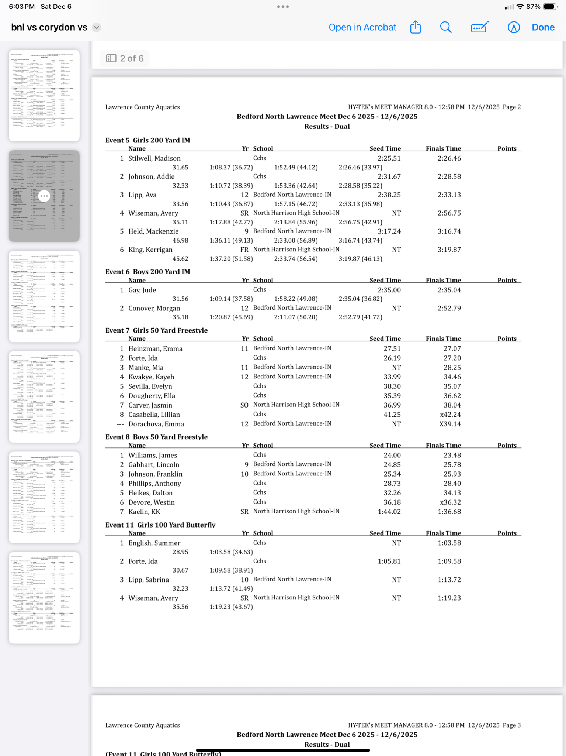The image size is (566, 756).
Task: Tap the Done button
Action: coord(543,27)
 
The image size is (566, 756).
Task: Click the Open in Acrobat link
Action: coord(362,27)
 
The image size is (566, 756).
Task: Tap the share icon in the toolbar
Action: coord(416,27)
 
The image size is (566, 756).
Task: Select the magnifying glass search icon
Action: coord(446,27)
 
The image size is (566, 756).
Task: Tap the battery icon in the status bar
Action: coord(550,7)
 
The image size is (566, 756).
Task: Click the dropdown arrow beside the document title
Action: coord(97,27)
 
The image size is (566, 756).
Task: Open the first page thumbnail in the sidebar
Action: coord(44,96)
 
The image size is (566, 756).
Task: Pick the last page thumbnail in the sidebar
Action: coord(44,598)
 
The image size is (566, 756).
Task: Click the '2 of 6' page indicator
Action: coord(125,58)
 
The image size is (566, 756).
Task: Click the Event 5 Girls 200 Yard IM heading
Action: coord(147,140)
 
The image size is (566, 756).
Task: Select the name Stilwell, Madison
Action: coord(154,158)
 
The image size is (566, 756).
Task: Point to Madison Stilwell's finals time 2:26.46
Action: coord(449,158)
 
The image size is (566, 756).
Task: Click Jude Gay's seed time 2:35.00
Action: coord(389,290)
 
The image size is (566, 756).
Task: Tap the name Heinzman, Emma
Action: coord(155,349)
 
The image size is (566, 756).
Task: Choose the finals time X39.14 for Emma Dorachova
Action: coord(450,424)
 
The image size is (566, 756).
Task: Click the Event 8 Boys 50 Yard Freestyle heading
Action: coord(156,437)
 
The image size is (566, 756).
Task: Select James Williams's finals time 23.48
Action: coord(452,456)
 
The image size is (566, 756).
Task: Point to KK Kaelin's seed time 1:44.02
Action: coord(389,512)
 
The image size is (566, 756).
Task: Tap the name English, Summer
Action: coord(154,543)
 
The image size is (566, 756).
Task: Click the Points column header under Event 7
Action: coord(507,339)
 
